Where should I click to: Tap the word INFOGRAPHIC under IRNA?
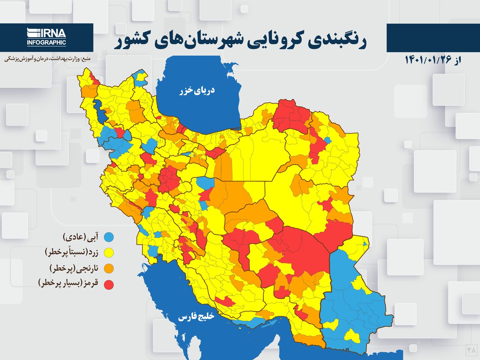[46, 43]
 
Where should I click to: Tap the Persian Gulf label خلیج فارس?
[195, 317]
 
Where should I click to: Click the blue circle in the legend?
[109, 237]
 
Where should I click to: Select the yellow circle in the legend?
[109, 253]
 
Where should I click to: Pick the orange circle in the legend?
[109, 268]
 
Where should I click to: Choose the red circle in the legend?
[109, 285]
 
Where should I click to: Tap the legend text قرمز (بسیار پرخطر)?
[68, 284]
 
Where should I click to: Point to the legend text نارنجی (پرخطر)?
[74, 268]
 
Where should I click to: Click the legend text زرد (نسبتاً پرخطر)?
[72, 252]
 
